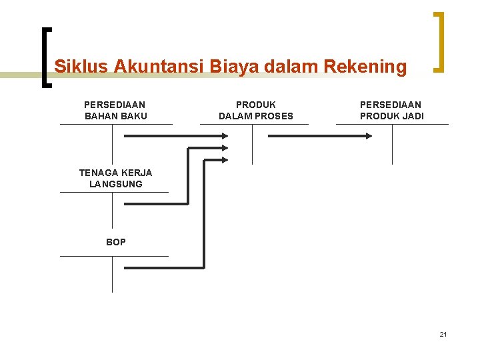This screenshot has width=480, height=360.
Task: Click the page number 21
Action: click(x=443, y=334)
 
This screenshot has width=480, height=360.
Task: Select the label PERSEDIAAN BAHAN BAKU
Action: click(x=115, y=111)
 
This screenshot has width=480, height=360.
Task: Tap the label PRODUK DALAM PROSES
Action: click(x=256, y=111)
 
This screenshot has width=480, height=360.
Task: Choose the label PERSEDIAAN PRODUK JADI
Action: click(x=391, y=111)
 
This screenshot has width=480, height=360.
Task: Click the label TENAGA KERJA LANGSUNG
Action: click(x=115, y=178)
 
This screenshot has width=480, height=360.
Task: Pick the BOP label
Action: click(x=115, y=242)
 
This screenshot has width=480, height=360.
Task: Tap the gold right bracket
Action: click(x=439, y=41)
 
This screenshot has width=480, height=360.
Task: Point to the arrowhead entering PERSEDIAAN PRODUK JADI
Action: click(x=368, y=135)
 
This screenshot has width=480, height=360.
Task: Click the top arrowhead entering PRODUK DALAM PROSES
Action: click(x=224, y=135)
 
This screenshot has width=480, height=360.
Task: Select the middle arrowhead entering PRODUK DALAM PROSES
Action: click(x=224, y=147)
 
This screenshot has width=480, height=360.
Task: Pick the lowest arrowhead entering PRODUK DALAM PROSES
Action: click(x=224, y=159)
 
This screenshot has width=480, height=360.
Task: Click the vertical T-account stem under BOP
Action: click(x=112, y=274)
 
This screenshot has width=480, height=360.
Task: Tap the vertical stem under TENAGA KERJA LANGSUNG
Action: click(x=112, y=209)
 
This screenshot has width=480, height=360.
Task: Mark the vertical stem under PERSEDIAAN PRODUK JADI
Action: click(x=392, y=144)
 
